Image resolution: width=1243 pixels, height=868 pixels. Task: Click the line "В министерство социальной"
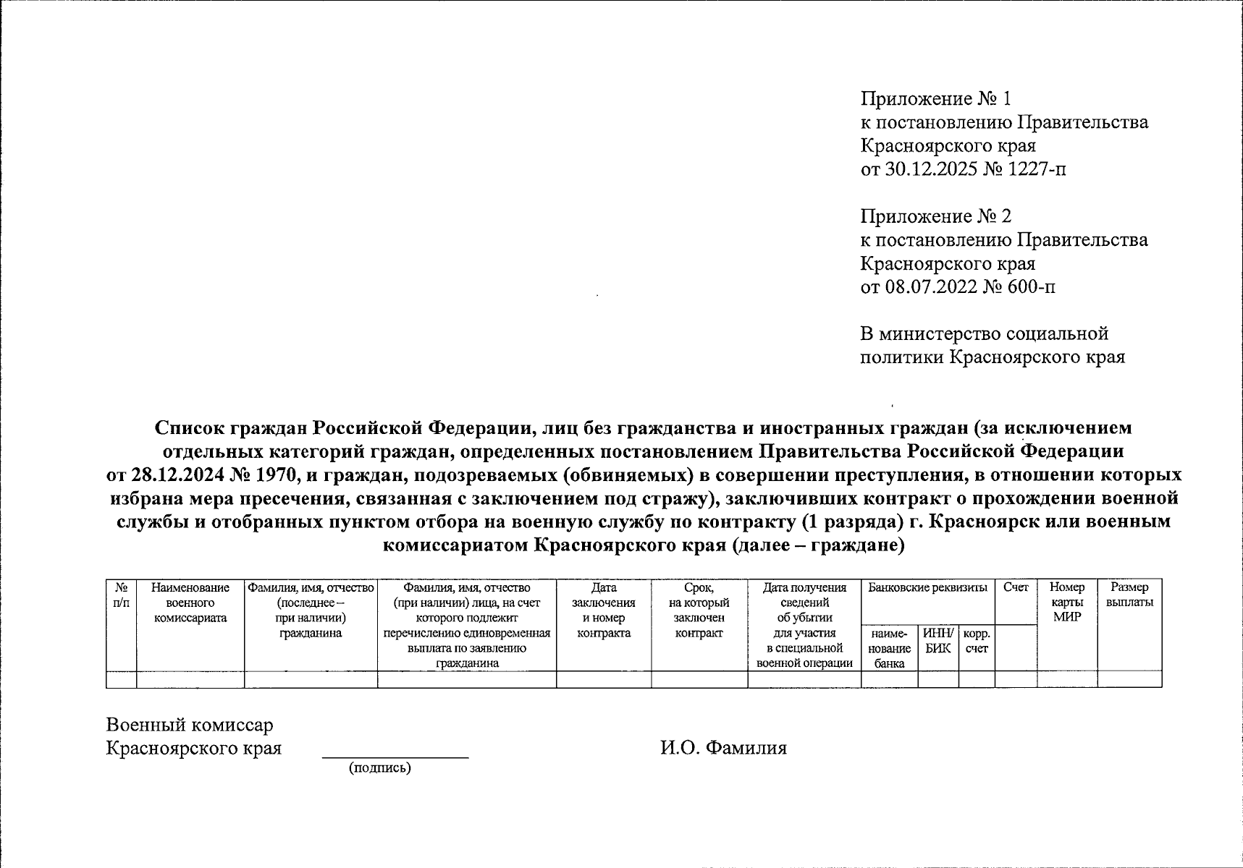click(x=984, y=333)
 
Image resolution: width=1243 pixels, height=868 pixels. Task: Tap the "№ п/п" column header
click(x=122, y=595)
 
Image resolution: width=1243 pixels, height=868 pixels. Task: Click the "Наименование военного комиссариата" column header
click(x=190, y=603)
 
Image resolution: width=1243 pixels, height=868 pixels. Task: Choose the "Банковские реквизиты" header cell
click(x=927, y=588)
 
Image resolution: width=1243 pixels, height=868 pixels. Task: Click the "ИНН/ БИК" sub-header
click(x=938, y=641)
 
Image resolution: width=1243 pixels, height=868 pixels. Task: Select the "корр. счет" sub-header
click(x=977, y=641)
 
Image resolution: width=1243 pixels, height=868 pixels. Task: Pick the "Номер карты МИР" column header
click(x=1067, y=603)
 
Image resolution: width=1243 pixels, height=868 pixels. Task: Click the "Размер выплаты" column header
click(x=1129, y=595)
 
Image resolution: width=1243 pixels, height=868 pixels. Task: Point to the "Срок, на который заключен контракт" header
click(x=699, y=610)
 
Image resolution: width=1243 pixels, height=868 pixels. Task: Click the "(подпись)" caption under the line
click(x=379, y=768)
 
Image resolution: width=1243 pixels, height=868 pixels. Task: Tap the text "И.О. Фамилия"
click(x=722, y=748)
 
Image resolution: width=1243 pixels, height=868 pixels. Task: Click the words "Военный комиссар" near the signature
click(x=190, y=725)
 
